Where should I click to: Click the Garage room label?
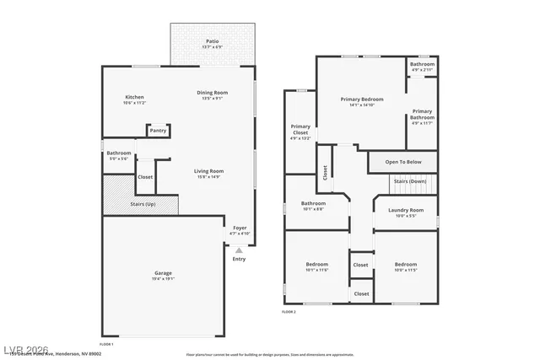[x=163, y=273]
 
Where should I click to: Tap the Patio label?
[x=214, y=41]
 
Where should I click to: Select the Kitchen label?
[x=135, y=97]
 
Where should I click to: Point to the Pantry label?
[x=158, y=131]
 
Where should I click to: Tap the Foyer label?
[x=240, y=228]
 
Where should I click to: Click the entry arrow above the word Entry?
[x=239, y=250]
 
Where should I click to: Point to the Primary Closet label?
[x=300, y=130]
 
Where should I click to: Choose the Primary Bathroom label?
[x=422, y=114]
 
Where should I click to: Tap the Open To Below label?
[x=402, y=162]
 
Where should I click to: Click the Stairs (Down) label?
[x=412, y=181]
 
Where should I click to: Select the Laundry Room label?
[x=405, y=210]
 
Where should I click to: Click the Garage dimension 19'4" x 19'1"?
[x=163, y=278]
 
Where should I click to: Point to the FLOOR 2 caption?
[x=289, y=312]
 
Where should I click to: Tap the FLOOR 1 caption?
[x=106, y=345]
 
